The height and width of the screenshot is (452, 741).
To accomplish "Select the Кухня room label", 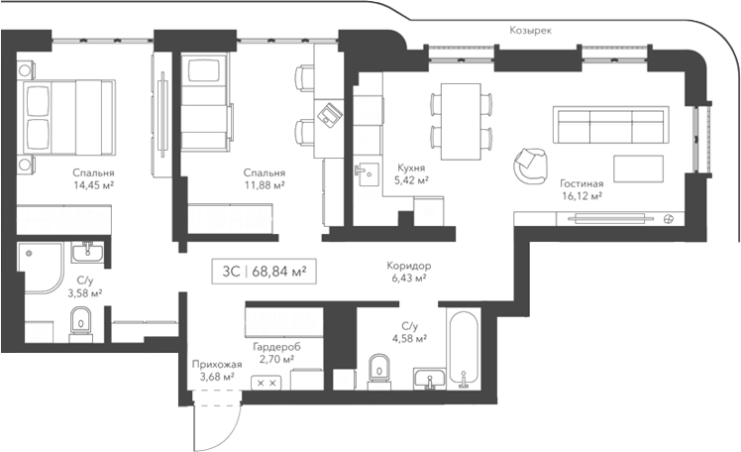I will click(411, 169).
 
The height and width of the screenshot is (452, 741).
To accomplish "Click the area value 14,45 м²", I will click(93, 184).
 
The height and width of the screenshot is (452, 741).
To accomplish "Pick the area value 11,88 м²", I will click(265, 184).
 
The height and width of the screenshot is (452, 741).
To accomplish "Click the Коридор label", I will click(408, 267).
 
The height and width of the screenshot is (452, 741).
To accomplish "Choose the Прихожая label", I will click(213, 363).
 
